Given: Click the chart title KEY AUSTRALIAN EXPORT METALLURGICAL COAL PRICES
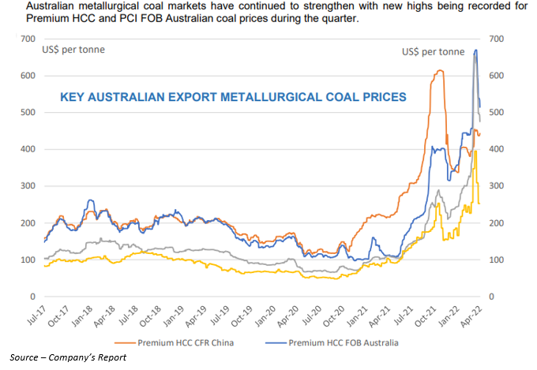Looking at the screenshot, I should coord(234,97).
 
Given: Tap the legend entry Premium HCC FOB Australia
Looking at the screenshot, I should coord(341,342).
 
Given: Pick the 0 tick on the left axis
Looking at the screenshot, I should coord(32,297).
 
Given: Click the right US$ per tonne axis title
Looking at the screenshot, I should coord(433,52).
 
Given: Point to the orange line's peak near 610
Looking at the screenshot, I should coord(439,71).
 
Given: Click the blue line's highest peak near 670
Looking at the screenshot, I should coord(475,50).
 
